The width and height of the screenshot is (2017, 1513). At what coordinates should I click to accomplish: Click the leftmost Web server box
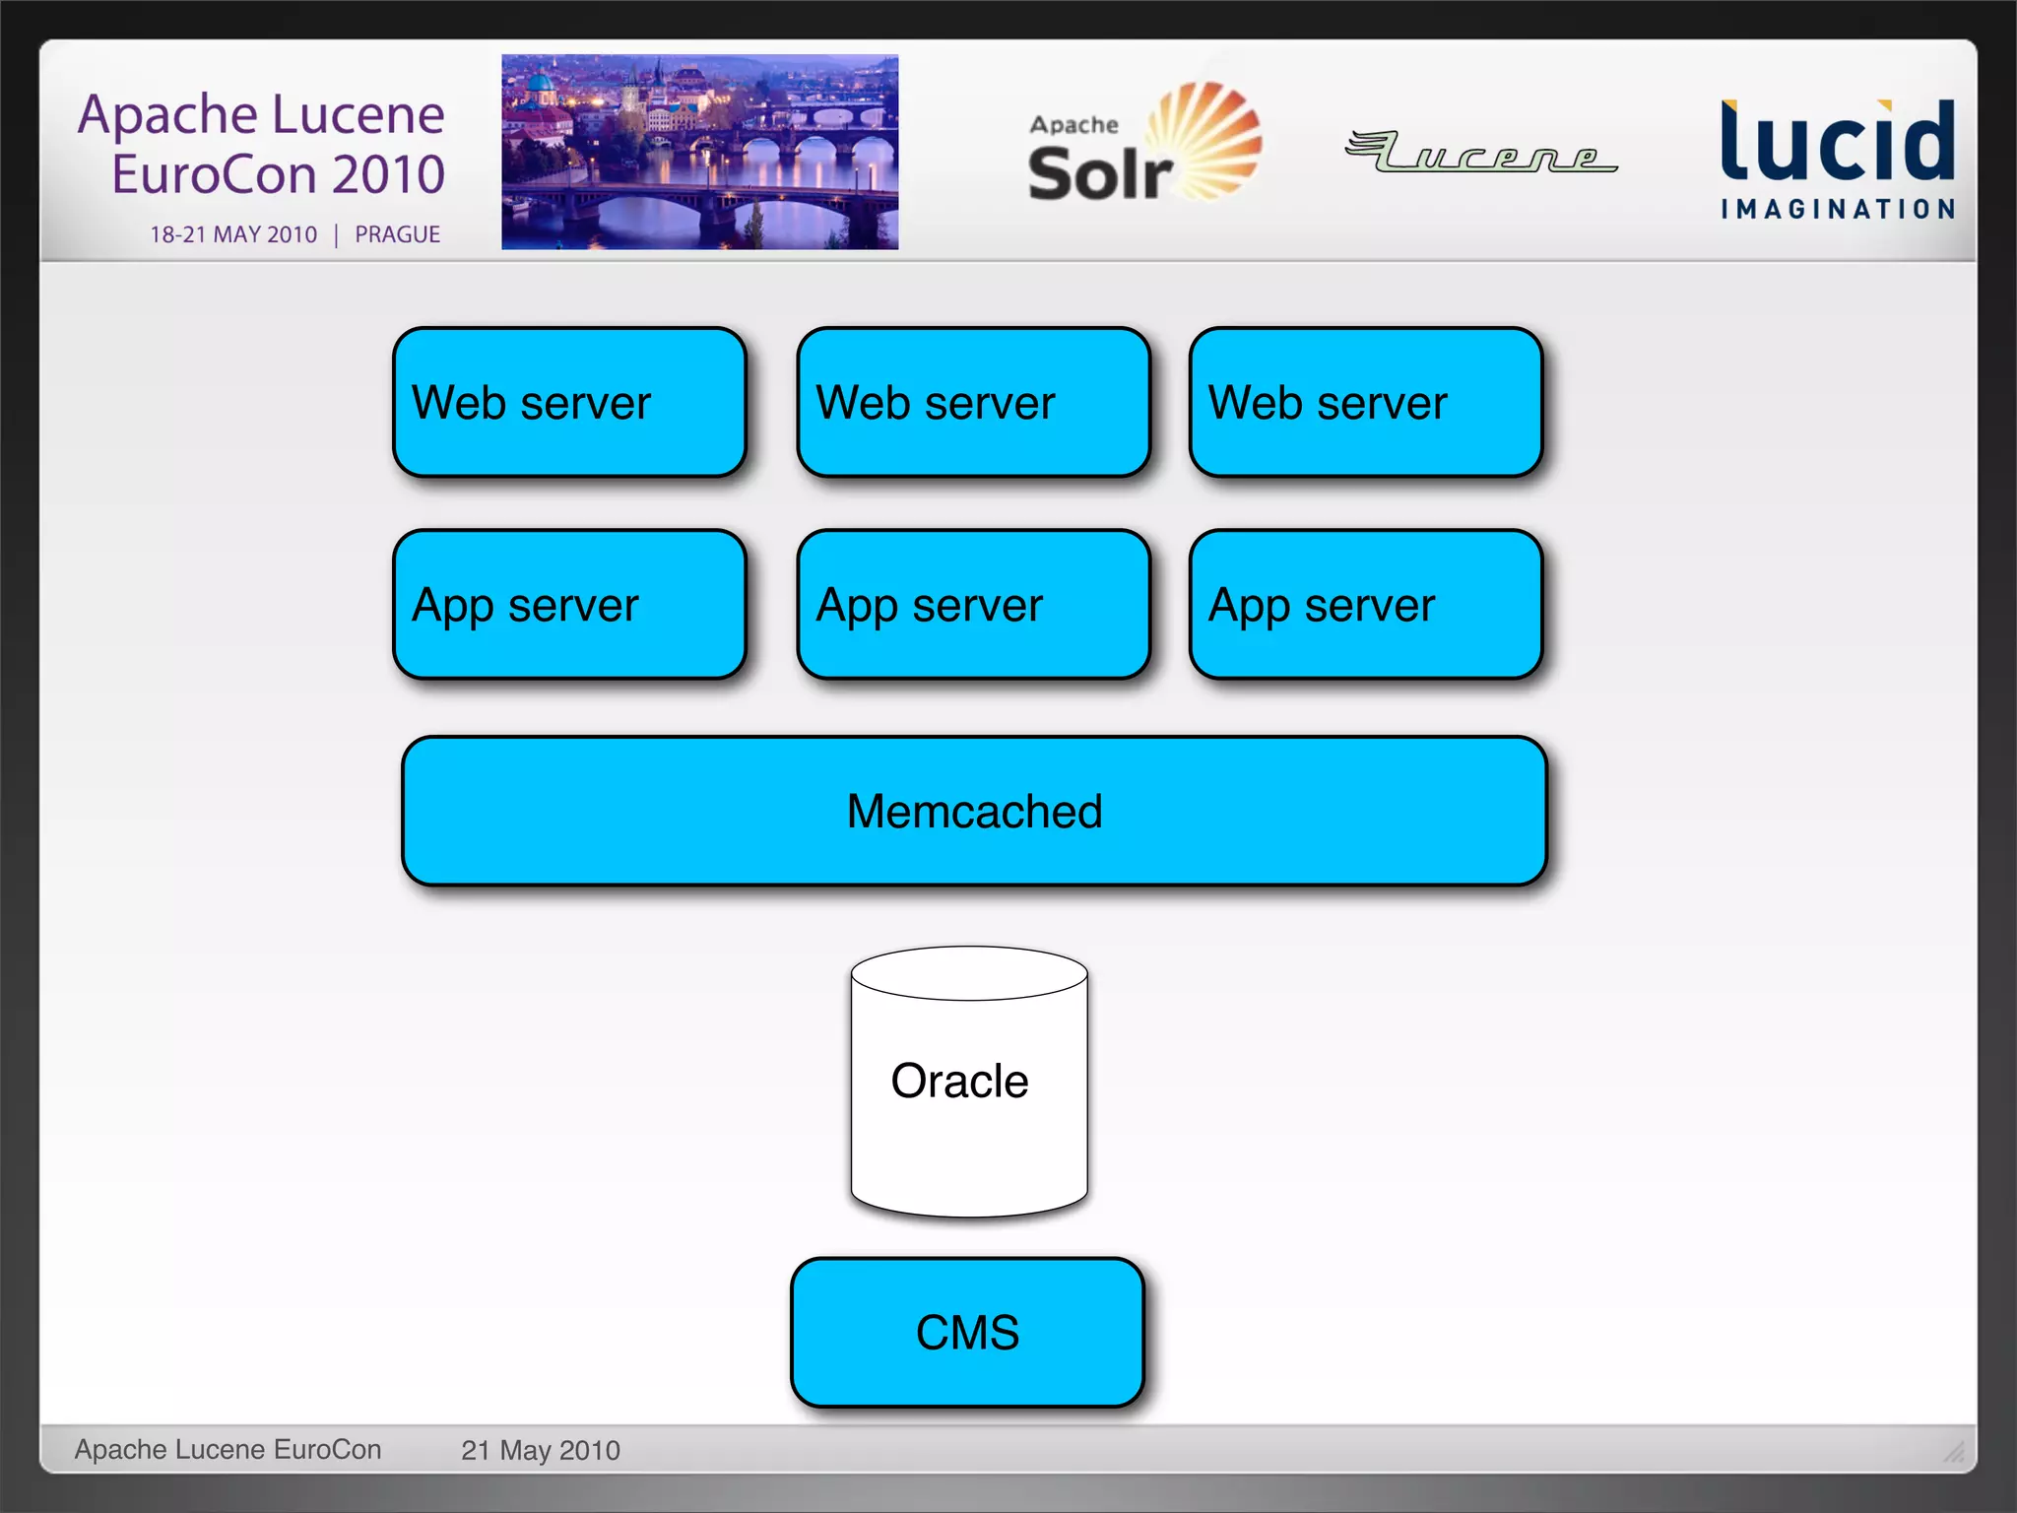coord(569,402)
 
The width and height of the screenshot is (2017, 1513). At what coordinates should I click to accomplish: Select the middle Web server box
coord(973,402)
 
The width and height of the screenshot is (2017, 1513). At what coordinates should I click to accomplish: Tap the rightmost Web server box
coord(1365,402)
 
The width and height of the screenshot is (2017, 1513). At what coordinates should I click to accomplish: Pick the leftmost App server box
coord(569,604)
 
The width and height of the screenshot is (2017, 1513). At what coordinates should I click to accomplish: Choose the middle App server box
coord(973,604)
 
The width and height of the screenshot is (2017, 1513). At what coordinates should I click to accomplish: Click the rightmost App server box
coord(1365,604)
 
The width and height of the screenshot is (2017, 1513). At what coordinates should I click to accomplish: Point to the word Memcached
coord(974,812)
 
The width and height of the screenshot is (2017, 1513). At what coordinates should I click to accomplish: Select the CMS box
coord(967,1332)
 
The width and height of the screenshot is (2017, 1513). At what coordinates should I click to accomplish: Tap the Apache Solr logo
coord(1142,146)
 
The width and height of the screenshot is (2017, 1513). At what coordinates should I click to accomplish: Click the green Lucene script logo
coord(1480,153)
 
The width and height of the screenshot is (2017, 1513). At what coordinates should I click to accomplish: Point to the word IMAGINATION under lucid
coord(1838,209)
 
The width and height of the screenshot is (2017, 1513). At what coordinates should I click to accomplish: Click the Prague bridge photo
coord(699,152)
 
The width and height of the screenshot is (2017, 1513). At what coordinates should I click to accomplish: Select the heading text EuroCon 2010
coord(278,174)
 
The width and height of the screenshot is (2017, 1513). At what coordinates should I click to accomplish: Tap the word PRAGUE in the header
coord(397,234)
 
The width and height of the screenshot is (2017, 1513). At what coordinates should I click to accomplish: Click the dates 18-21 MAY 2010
coord(233,234)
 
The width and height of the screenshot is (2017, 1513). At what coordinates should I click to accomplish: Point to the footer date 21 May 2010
coord(540,1450)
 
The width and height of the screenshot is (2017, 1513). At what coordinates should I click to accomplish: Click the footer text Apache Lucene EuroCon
coord(228,1449)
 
